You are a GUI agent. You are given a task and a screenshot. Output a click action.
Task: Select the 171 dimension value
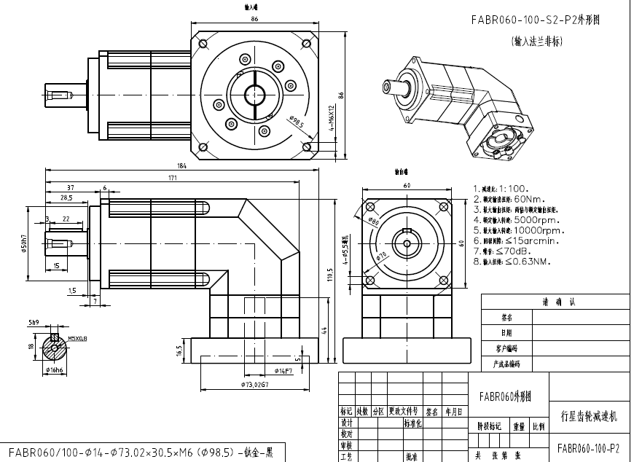click(x=172, y=177)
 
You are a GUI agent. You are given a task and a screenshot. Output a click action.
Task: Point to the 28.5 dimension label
click(x=66, y=197)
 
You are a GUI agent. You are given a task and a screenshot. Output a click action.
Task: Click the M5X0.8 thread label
click(x=77, y=338)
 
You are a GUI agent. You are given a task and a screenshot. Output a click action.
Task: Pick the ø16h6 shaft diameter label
click(x=55, y=370)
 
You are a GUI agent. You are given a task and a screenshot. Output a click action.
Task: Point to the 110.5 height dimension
click(x=329, y=279)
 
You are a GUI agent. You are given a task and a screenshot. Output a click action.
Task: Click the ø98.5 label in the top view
click(x=296, y=122)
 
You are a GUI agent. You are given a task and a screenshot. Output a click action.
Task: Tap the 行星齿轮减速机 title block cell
click(x=588, y=417)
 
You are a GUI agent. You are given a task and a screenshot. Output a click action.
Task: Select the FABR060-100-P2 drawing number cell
click(x=588, y=447)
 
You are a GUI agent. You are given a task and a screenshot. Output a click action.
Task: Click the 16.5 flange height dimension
click(x=179, y=351)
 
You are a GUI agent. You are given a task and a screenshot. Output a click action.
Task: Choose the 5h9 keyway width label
click(x=34, y=321)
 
